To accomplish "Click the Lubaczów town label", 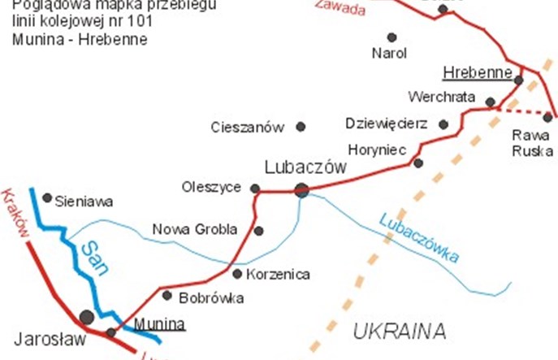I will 305,167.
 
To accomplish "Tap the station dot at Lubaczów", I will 301,190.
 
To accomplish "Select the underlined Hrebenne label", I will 478,75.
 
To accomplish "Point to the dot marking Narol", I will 391,37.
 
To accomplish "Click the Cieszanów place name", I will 247,127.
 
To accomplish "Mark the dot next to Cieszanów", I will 301,126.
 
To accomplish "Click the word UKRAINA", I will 400,331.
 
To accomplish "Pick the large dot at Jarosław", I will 87,316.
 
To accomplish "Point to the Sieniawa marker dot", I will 47,197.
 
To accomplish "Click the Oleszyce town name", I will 211,188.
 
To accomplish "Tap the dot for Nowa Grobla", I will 258,231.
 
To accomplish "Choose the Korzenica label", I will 277,274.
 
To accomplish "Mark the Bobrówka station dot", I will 167,295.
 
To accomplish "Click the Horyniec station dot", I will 417,163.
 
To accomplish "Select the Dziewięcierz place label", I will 387,124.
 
